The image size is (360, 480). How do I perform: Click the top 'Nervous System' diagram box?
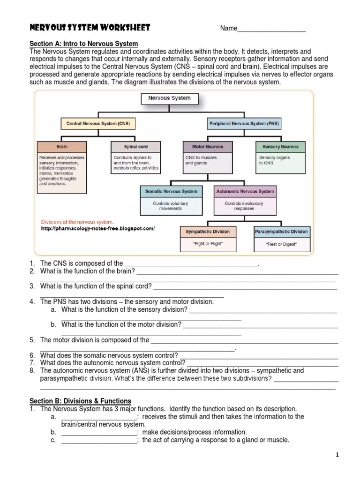click(x=169, y=98)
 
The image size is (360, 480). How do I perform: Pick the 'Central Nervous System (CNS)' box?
click(x=98, y=124)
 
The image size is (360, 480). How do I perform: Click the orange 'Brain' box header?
click(x=62, y=147)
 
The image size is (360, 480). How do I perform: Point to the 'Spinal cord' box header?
click(x=135, y=147)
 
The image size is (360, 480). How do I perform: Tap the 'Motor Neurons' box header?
click(x=208, y=147)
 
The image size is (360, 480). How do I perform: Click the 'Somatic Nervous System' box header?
click(x=171, y=192)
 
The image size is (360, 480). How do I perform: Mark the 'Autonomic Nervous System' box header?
click(x=245, y=192)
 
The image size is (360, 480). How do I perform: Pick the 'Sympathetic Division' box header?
click(x=208, y=232)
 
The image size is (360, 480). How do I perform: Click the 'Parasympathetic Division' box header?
click(x=281, y=232)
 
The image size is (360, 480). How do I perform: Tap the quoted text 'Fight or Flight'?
click(x=208, y=244)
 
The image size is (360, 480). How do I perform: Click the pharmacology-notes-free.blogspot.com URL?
click(x=97, y=229)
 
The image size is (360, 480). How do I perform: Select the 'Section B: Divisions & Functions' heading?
click(x=81, y=401)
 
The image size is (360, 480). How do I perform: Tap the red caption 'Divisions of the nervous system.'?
click(x=77, y=222)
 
